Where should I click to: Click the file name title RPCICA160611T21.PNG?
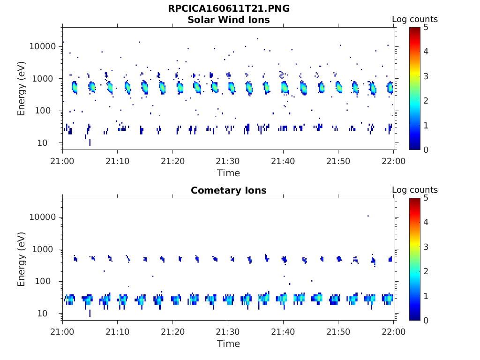click(x=229, y=9)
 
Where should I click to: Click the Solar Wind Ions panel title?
click(x=229, y=20)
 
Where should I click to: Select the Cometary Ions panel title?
click(x=229, y=191)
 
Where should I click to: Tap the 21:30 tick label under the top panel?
click(x=228, y=161)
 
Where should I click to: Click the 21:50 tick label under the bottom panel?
click(x=338, y=331)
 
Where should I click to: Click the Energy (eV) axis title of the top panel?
click(x=22, y=89)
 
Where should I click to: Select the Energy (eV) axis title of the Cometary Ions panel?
click(x=22, y=259)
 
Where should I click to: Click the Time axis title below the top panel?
click(x=228, y=173)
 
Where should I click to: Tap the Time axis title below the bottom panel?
click(x=228, y=344)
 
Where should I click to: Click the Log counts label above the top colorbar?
click(x=415, y=20)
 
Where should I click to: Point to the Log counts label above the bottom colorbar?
click(x=415, y=190)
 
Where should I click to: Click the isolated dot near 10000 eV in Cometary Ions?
click(x=368, y=216)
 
